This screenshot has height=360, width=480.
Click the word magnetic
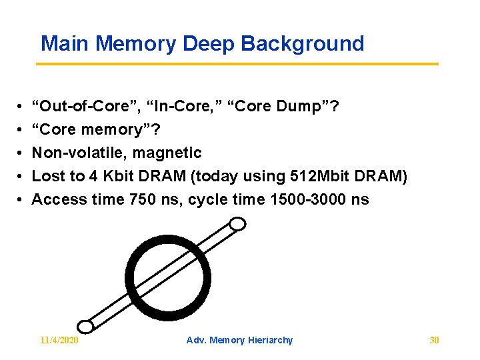click(167, 153)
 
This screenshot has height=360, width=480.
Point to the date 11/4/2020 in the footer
click(59, 340)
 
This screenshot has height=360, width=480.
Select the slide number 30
click(434, 340)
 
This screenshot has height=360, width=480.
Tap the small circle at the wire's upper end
click(237, 225)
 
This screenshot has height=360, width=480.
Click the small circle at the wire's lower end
click(85, 326)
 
